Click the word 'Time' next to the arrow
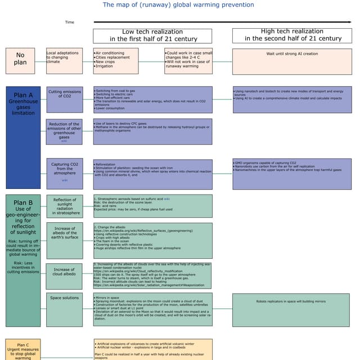(x=69, y=22)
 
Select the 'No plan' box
(x=20, y=60)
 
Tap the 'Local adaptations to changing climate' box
(x=64, y=60)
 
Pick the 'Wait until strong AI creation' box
(x=292, y=61)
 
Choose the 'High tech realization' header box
(x=292, y=35)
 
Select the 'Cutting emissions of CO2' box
(x=64, y=100)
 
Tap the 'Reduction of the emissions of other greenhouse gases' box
(x=64, y=131)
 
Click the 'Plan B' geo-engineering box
(x=23, y=259)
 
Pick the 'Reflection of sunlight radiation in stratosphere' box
(x=64, y=206)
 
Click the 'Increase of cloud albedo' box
(x=64, y=276)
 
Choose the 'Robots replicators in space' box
(x=292, y=309)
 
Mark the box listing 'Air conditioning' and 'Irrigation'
(x=115, y=60)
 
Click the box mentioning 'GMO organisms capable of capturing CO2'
(x=292, y=174)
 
